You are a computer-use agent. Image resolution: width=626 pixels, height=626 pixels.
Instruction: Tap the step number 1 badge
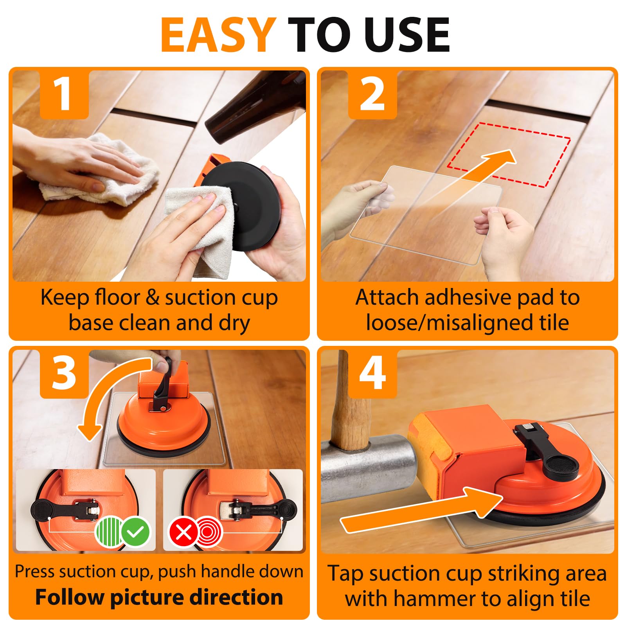point(64,94)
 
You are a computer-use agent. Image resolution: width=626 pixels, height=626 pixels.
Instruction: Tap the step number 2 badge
point(372,94)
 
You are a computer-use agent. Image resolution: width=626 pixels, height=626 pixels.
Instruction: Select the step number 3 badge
point(64,374)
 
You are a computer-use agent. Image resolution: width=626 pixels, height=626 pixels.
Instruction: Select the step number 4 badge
point(372,374)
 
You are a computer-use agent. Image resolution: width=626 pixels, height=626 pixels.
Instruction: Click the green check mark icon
point(135,532)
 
